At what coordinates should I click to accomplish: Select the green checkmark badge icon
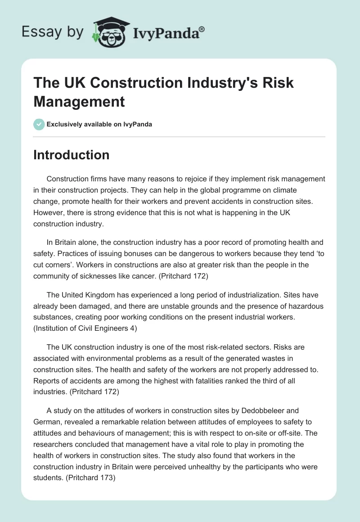coord(39,124)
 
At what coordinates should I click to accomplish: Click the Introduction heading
coord(72,155)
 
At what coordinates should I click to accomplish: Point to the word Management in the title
coord(79,101)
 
